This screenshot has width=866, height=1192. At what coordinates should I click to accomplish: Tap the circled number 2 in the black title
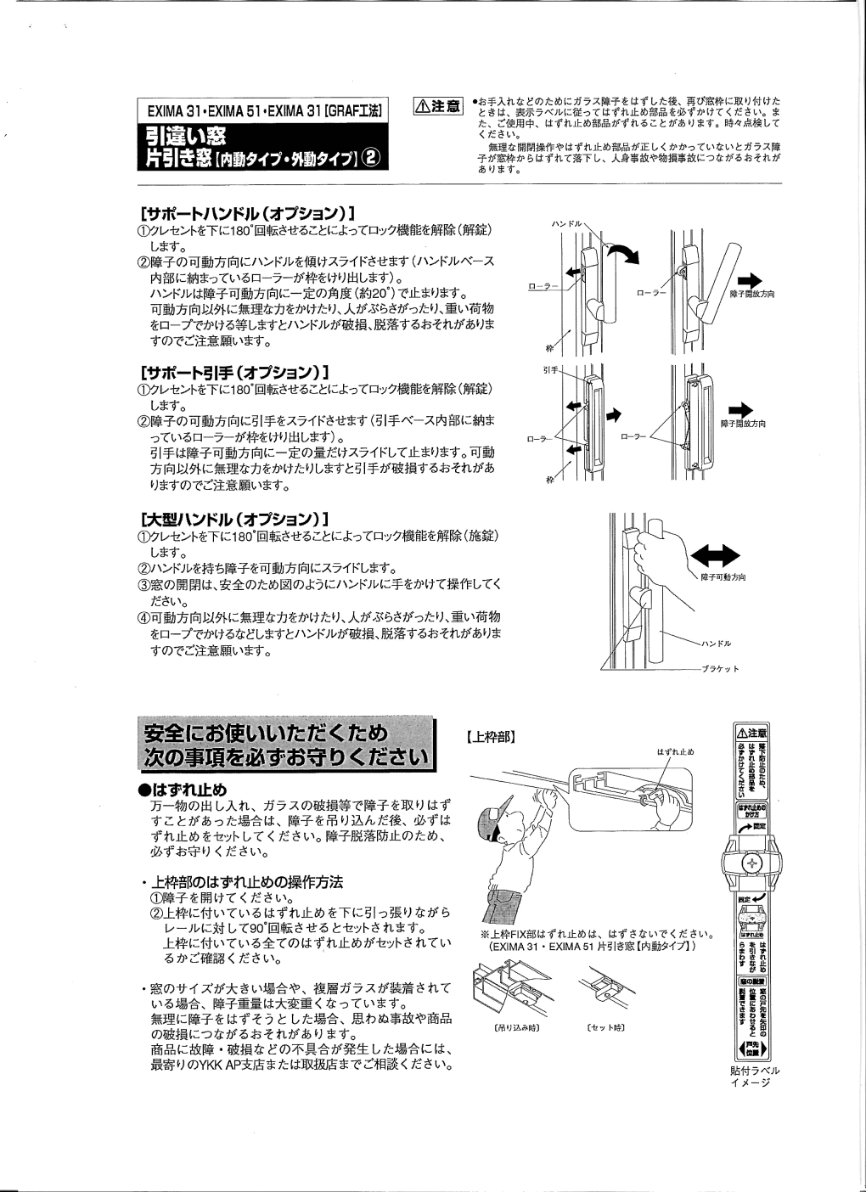pos(370,158)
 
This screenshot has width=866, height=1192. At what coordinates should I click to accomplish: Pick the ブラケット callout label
pos(719,669)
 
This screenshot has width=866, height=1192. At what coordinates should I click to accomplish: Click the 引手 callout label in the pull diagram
pos(549,370)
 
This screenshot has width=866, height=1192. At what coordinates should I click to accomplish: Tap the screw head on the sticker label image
pos(751,863)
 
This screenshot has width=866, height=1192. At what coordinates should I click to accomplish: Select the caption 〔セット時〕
pos(605,1027)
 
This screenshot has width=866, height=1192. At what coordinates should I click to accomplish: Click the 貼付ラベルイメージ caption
pos(755,1077)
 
